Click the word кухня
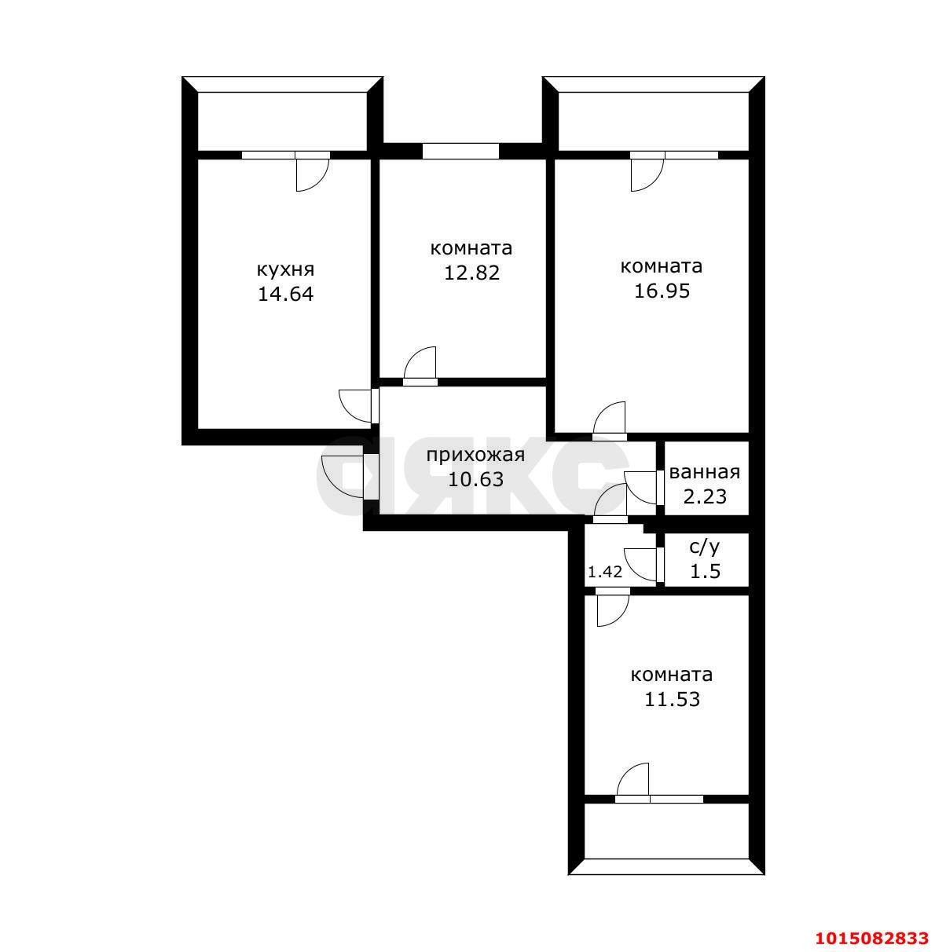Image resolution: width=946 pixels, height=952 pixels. (x=285, y=271)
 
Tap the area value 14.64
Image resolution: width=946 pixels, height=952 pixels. (x=285, y=295)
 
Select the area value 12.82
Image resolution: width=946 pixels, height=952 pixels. (x=471, y=273)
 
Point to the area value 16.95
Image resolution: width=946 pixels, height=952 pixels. (x=662, y=291)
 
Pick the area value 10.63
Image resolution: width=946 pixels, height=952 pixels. (x=475, y=479)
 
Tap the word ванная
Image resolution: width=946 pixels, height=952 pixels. (x=704, y=472)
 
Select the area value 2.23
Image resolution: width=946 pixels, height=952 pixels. (x=705, y=496)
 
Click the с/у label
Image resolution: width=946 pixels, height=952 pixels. (x=705, y=547)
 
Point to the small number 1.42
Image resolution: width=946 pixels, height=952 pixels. (x=604, y=572)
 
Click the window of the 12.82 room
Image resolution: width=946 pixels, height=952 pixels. (x=460, y=151)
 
